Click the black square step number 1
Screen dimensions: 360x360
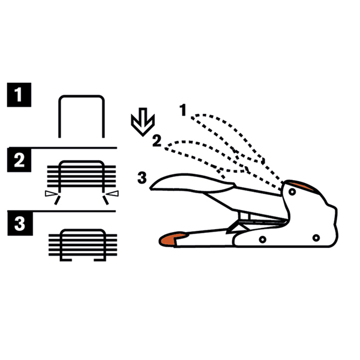pyautogui.click(x=19, y=95)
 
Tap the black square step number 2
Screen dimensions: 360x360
pyautogui.click(x=19, y=160)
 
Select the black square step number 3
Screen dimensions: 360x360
pyautogui.click(x=20, y=223)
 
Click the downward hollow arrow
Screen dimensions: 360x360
pyautogui.click(x=143, y=122)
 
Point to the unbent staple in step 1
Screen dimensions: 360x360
pyautogui.click(x=82, y=97)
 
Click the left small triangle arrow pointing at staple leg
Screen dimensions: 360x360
pyautogui.click(x=51, y=194)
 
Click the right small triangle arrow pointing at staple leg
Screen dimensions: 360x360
pyautogui.click(x=113, y=194)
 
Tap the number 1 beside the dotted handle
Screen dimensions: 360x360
pyautogui.click(x=183, y=110)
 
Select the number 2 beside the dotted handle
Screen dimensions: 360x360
pyautogui.click(x=157, y=141)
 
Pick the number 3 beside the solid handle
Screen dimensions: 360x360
pyautogui.click(x=142, y=178)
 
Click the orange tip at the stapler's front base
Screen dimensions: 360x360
pyautogui.click(x=172, y=239)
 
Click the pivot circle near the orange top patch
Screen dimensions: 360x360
pyautogui.click(x=292, y=192)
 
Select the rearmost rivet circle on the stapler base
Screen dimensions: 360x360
pyautogui.click(x=316, y=238)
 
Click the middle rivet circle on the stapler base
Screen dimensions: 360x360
pyautogui.click(x=262, y=239)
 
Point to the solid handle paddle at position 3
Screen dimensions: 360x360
pyautogui.click(x=193, y=183)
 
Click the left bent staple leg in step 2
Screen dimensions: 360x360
pyautogui.click(x=57, y=200)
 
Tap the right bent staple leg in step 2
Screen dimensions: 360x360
pyautogui.click(x=106, y=200)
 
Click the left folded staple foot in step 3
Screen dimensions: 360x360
pyautogui.click(x=66, y=260)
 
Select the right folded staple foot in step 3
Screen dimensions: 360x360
pyautogui.click(x=100, y=260)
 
